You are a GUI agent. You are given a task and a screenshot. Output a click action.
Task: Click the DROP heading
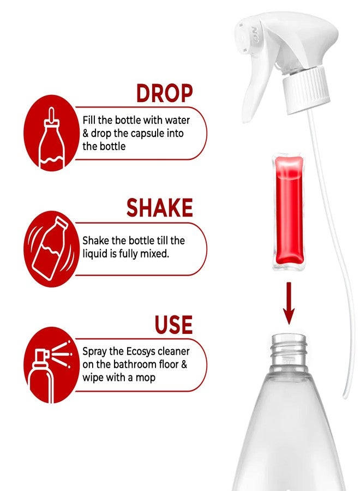[164, 93]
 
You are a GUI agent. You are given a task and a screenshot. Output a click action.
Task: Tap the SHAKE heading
[159, 208]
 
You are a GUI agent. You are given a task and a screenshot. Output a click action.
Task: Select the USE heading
[173, 325]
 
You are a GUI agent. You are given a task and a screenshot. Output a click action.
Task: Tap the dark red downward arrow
[289, 303]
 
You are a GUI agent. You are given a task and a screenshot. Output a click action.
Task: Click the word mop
[145, 378]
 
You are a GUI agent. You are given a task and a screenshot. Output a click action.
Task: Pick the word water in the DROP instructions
[177, 120]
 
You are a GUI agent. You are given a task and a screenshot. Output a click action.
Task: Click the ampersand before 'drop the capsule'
[86, 134]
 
